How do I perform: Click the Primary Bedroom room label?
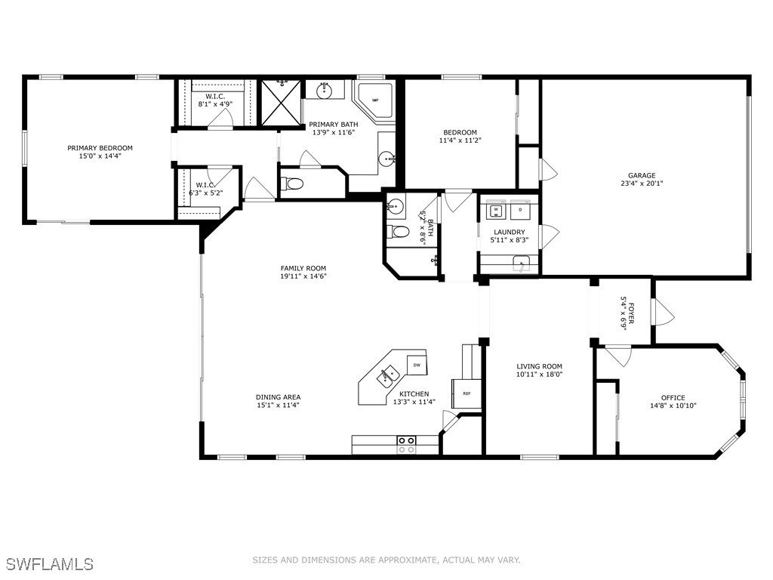click(x=100, y=148)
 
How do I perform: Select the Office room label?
click(x=673, y=398)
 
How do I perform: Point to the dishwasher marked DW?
click(x=416, y=365)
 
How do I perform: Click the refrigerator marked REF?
click(x=467, y=393)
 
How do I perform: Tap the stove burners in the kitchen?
click(x=406, y=445)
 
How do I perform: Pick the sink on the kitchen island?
click(x=390, y=374)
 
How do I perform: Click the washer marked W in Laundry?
click(x=497, y=209)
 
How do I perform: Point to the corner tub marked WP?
click(x=375, y=100)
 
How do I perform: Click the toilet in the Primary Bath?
click(x=294, y=184)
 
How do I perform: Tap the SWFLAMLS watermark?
click(x=49, y=564)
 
